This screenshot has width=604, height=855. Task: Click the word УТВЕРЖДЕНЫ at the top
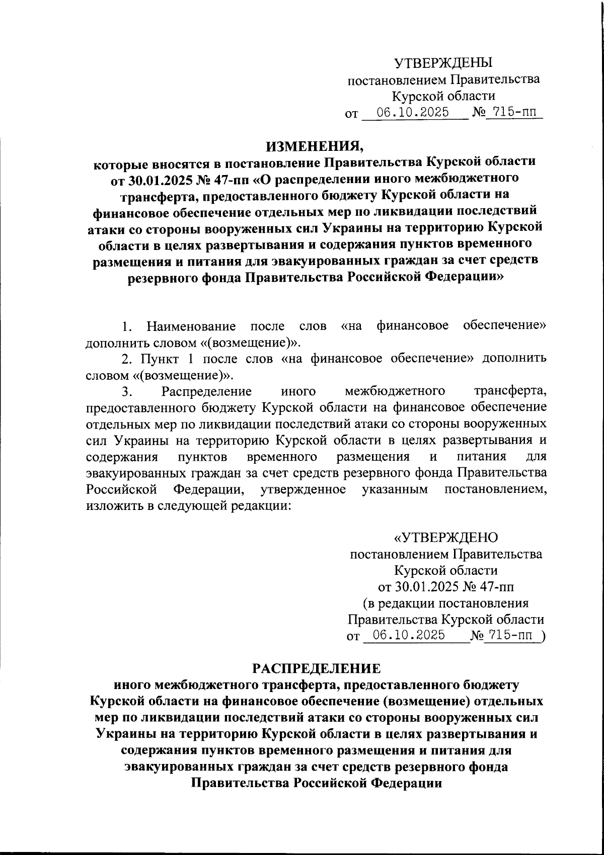[443, 63]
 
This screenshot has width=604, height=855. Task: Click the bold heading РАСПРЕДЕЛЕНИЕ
[317, 668]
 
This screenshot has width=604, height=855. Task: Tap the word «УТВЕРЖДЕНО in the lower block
[445, 538]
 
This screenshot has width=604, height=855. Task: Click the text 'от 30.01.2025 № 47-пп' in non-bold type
[445, 587]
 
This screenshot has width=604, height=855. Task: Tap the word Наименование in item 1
[191, 326]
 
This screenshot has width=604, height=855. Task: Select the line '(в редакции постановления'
[445, 603]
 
